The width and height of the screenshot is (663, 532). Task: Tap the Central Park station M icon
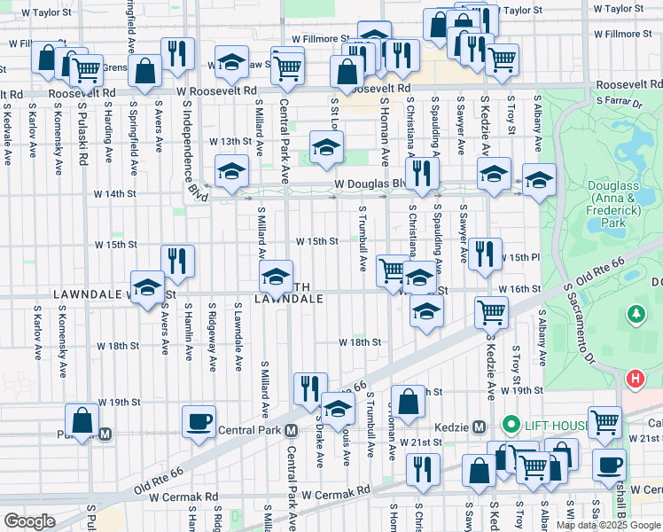(290, 432)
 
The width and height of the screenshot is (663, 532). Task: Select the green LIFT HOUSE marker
(511, 426)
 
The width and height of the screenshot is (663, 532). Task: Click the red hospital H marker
(635, 379)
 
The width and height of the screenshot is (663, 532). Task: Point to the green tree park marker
(636, 313)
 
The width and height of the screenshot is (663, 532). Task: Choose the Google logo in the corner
(29, 520)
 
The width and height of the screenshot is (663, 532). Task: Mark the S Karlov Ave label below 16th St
(36, 333)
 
